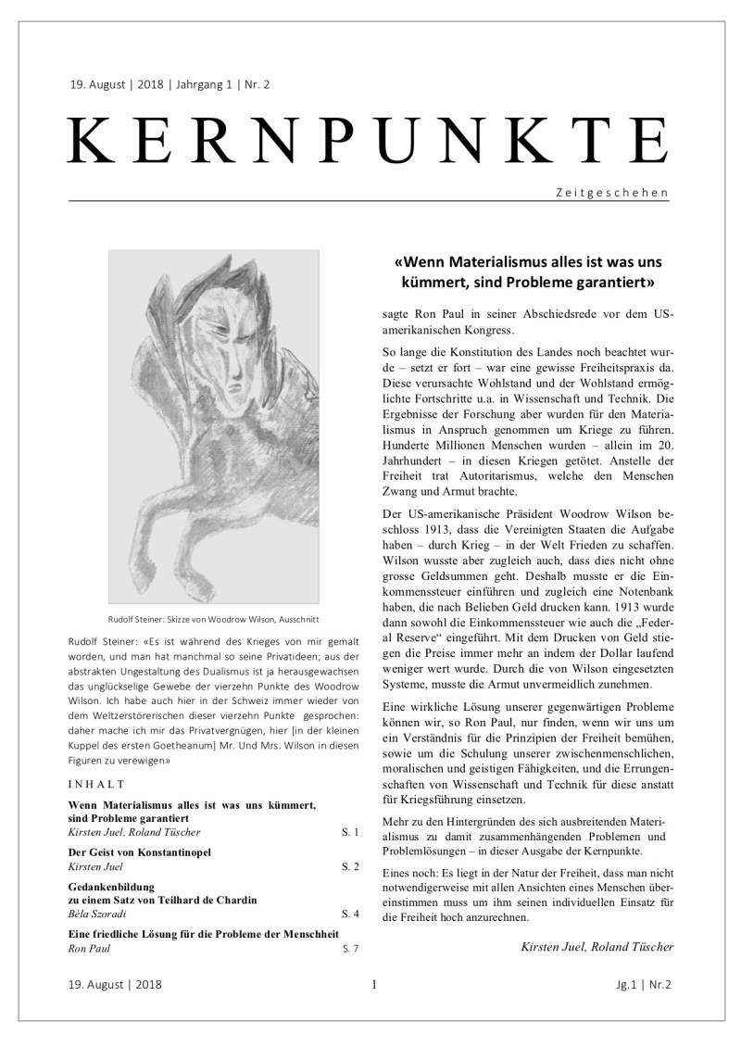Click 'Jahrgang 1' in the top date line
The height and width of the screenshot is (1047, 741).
pos(204,85)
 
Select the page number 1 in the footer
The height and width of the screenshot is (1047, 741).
pos(372,985)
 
